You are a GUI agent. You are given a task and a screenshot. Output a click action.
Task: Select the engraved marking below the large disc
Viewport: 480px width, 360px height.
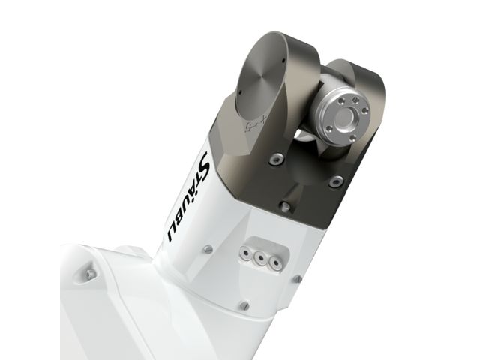(x=256, y=125)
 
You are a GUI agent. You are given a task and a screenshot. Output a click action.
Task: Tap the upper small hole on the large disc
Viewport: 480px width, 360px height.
(x=283, y=60)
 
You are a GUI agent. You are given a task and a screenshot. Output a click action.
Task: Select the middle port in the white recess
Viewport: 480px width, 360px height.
(x=260, y=258)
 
